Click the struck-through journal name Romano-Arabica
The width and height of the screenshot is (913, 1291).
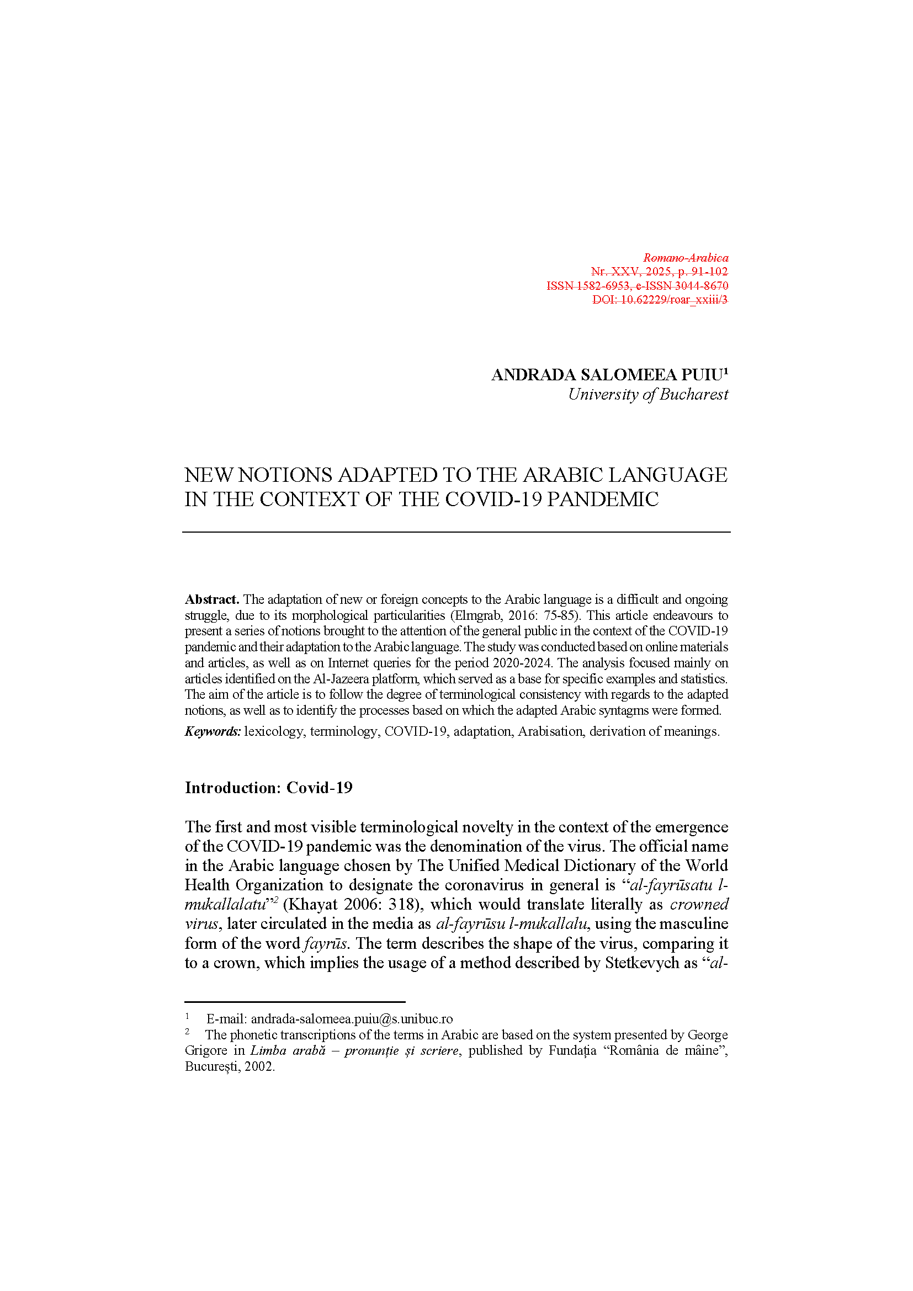[x=686, y=258]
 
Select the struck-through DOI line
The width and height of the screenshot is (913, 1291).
[x=660, y=300]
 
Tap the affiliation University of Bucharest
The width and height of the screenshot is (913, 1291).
[x=647, y=395]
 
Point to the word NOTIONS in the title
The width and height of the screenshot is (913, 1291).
[x=285, y=475]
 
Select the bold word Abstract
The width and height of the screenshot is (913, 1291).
[x=212, y=599]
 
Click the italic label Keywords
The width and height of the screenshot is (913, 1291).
[x=213, y=731]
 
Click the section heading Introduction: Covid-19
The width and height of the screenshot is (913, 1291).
[x=269, y=788]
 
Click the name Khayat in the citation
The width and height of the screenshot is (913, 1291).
[x=314, y=904]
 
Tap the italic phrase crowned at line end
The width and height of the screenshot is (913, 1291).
[x=699, y=904]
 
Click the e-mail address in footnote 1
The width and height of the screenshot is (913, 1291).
[x=352, y=1019]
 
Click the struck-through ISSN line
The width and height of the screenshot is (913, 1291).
[x=637, y=286]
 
